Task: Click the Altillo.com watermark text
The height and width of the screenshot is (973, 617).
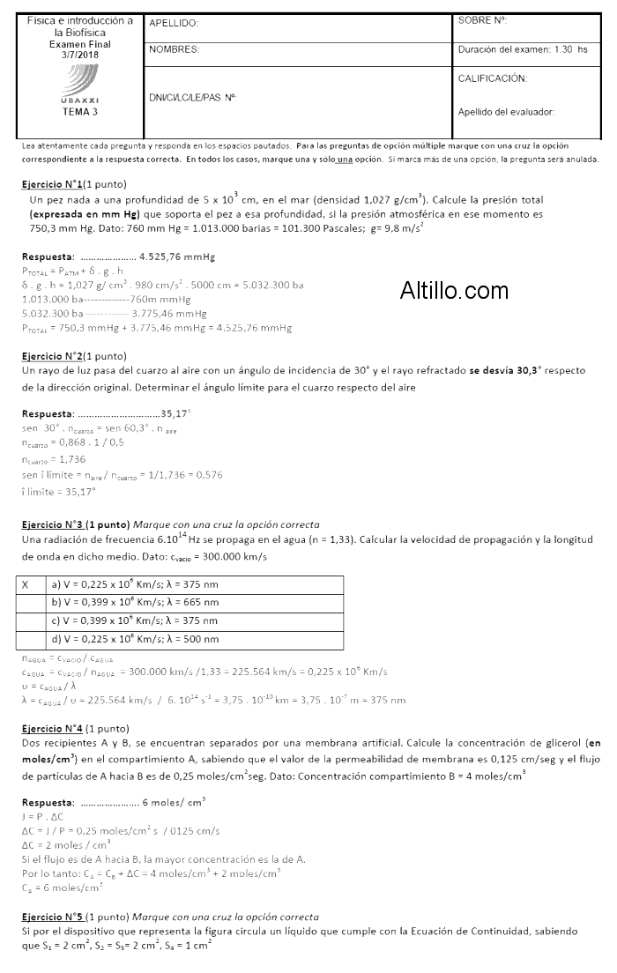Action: (x=454, y=290)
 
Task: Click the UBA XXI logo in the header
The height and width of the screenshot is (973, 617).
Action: (x=80, y=87)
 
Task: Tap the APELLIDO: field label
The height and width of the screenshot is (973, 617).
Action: (x=174, y=24)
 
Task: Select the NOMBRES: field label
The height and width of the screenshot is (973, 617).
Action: (x=175, y=49)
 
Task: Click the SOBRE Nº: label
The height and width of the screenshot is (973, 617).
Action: (x=483, y=19)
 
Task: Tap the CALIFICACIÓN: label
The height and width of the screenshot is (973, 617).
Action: (x=493, y=78)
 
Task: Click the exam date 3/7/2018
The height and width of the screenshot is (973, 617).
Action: (x=80, y=55)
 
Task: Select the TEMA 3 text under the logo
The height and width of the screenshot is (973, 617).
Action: (x=80, y=112)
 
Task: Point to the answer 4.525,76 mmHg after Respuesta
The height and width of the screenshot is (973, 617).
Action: (x=177, y=256)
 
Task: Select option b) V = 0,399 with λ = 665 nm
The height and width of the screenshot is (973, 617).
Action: (x=135, y=602)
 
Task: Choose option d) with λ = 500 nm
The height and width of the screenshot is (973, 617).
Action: (x=135, y=639)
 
